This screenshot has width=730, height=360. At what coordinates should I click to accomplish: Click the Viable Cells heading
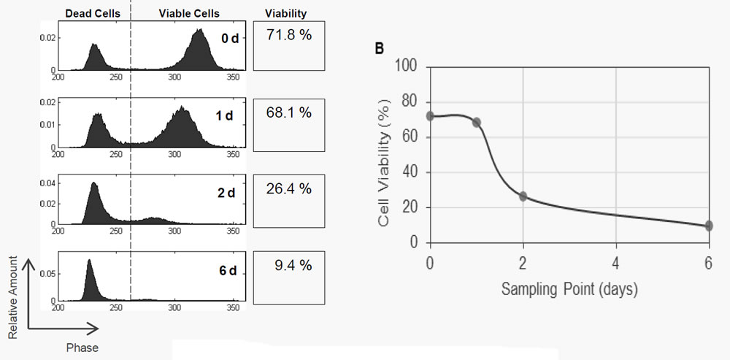(x=188, y=13)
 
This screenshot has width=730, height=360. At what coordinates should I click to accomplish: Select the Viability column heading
(x=286, y=13)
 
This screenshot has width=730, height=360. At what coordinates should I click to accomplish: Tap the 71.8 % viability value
(x=289, y=34)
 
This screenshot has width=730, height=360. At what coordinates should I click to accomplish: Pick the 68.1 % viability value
(x=289, y=112)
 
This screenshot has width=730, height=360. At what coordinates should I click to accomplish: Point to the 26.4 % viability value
(x=289, y=188)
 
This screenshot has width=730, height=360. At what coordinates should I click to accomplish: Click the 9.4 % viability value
(x=289, y=265)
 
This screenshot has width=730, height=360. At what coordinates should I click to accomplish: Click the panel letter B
(x=379, y=49)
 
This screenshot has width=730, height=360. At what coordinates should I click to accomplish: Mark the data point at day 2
(x=523, y=196)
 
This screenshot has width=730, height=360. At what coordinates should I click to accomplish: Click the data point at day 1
(x=477, y=122)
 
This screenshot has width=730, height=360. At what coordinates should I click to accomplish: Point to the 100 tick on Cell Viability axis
(x=407, y=66)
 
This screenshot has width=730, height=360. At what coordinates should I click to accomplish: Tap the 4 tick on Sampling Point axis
(x=615, y=261)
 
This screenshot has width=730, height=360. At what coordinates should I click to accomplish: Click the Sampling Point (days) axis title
(x=569, y=289)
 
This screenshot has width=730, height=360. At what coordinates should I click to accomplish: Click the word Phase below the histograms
(x=82, y=348)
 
